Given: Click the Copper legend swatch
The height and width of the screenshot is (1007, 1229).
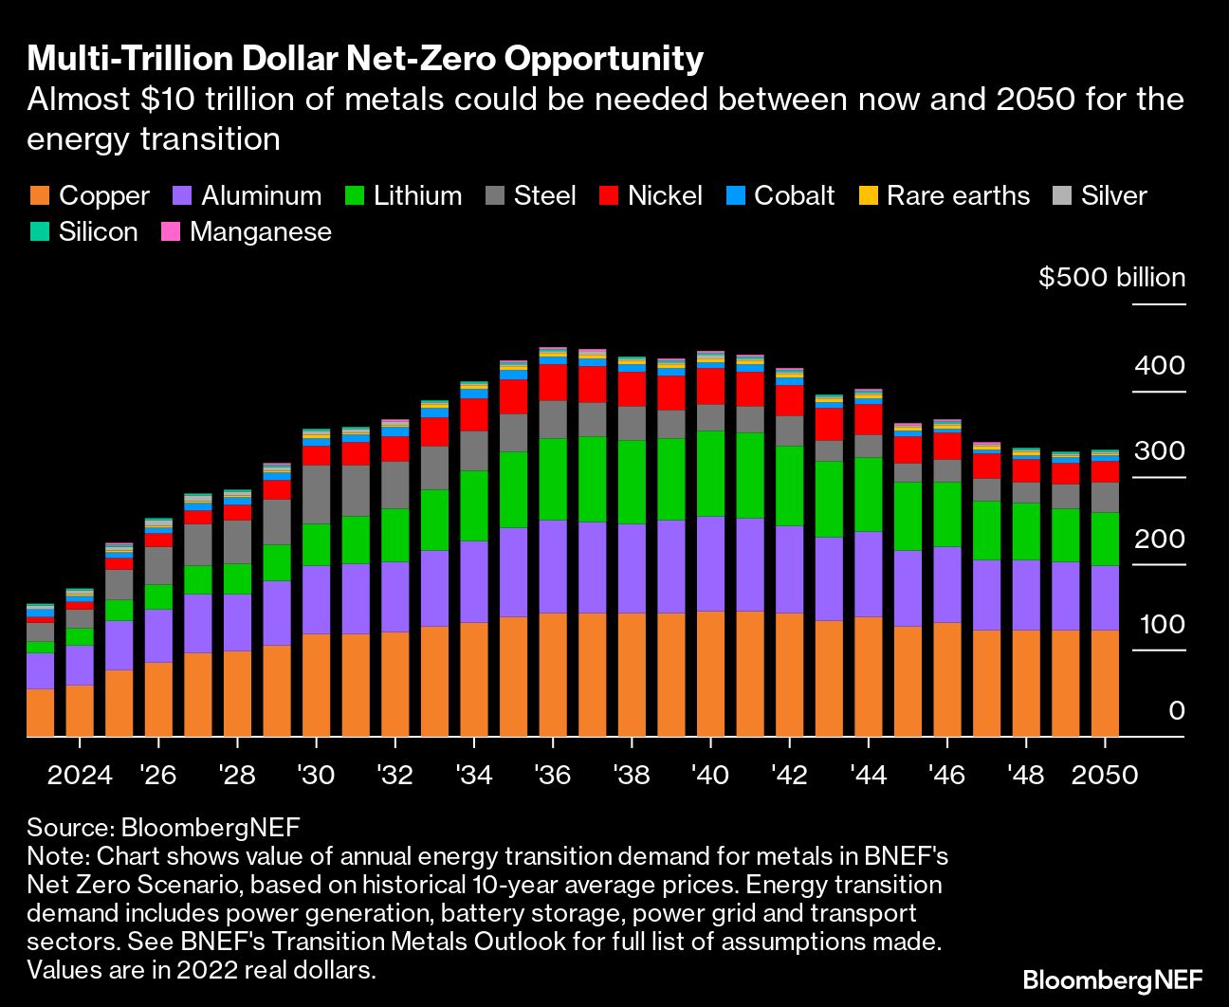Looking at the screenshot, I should (39, 196).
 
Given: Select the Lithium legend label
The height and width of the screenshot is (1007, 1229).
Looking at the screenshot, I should (417, 196).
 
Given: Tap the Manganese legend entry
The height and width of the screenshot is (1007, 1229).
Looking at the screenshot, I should (260, 232).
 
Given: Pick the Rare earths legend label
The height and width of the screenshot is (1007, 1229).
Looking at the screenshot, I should (958, 196).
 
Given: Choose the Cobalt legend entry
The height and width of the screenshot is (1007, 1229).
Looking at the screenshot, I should (794, 196).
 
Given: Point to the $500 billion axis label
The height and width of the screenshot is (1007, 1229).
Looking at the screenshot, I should (1111, 278).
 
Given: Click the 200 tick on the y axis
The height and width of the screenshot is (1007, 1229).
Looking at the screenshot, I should (1160, 539).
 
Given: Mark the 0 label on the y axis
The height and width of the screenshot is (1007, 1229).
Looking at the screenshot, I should (1177, 711).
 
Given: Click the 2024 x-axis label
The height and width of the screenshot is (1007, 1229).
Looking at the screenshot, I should (80, 775).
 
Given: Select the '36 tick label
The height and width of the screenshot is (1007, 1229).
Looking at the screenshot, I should (553, 775).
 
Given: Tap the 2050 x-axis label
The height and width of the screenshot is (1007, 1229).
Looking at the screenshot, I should (1104, 775).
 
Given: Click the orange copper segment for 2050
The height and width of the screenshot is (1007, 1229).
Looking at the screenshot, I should (1104, 683).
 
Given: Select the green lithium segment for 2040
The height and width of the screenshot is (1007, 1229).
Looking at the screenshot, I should (710, 474).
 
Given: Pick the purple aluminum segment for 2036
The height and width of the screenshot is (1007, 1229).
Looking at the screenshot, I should (553, 566).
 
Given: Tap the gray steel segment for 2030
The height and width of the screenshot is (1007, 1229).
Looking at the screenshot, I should (316, 494).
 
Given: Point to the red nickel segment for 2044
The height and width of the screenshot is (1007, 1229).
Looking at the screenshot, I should (868, 419).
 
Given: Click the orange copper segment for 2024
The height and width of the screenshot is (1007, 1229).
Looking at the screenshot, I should (80, 710).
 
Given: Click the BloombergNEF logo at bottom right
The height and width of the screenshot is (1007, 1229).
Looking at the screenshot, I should (1112, 979).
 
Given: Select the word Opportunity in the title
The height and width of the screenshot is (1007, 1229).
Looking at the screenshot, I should (603, 59).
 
